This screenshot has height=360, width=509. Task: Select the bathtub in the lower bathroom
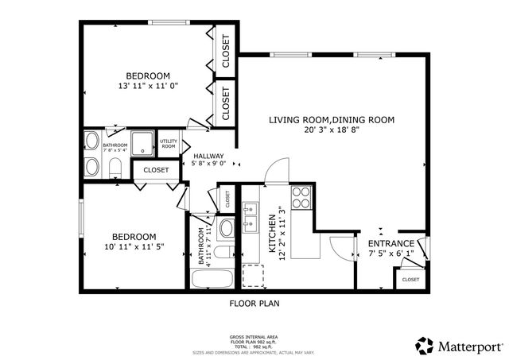coord(211,279)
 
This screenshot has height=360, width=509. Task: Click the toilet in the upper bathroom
coord(114,167)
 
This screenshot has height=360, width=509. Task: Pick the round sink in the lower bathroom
coord(225,229)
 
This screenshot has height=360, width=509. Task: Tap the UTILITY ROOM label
coord(169,144)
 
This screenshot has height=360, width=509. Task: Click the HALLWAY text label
coord(208,157)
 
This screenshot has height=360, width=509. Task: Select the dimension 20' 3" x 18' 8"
coord(331,130)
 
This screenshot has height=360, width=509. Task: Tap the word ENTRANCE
coord(390,244)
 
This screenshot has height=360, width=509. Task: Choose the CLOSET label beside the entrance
coord(410,280)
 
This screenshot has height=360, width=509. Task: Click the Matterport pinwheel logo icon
coord(425,346)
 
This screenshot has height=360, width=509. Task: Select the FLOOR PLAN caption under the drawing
coord(254,303)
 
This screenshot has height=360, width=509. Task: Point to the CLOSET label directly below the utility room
coord(156,170)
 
